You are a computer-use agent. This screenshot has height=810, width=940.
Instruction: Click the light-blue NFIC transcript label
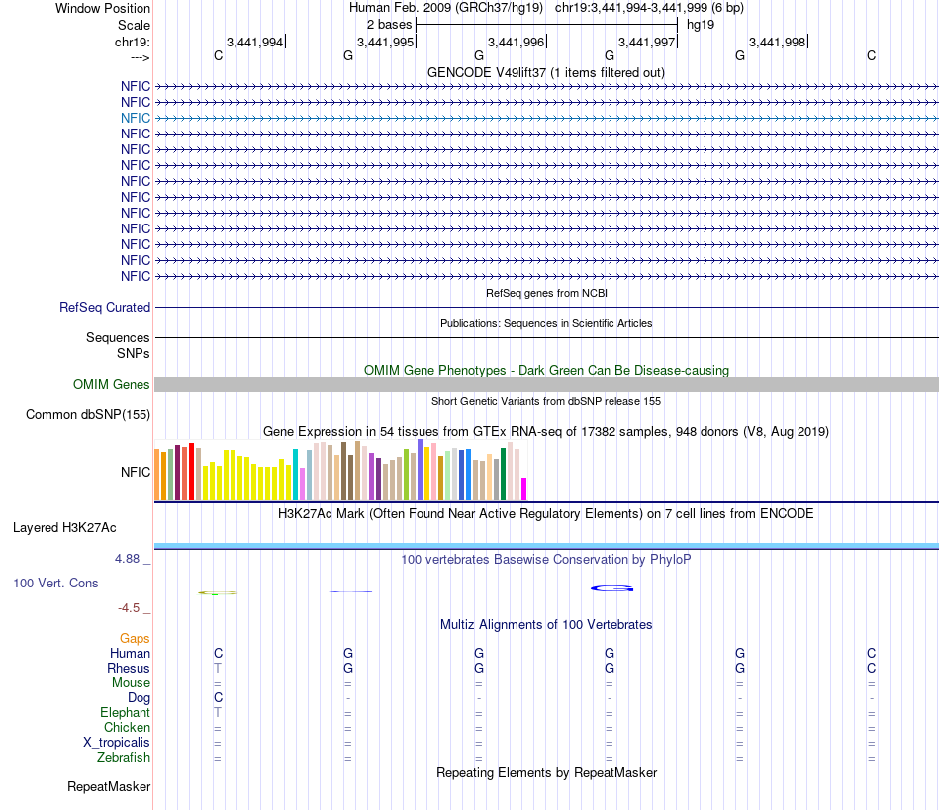point(136,118)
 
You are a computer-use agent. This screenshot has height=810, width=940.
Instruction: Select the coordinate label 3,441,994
point(254,42)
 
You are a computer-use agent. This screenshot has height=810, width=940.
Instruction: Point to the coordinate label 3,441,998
point(777,42)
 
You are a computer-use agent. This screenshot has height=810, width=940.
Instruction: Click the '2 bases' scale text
point(389,24)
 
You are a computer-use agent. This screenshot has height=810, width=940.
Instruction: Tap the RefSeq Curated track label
point(105,308)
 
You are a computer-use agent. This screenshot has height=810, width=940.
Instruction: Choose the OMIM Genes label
point(112,384)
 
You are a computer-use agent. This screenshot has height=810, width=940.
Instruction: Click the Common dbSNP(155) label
point(88,414)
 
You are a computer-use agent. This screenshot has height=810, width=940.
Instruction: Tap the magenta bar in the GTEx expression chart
point(524,489)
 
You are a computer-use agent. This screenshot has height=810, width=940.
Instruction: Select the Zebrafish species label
point(125,758)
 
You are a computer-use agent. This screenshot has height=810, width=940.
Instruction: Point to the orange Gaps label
point(135,639)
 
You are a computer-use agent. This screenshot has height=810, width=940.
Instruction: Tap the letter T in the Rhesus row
point(218,669)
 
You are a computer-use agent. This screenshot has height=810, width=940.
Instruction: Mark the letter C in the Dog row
point(218,698)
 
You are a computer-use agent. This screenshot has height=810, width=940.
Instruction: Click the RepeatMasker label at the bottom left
point(109,787)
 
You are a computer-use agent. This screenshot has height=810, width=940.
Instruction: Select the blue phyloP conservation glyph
point(611,589)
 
